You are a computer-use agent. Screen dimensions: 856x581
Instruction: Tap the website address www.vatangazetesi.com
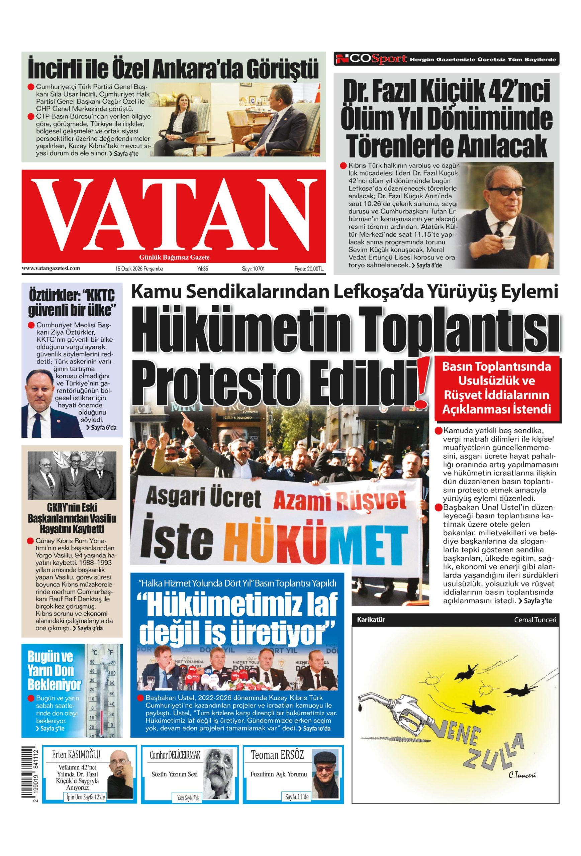(51, 269)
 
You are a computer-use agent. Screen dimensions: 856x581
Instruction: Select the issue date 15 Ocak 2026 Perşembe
(139, 269)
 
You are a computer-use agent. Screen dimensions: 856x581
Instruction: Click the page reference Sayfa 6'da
(101, 428)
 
